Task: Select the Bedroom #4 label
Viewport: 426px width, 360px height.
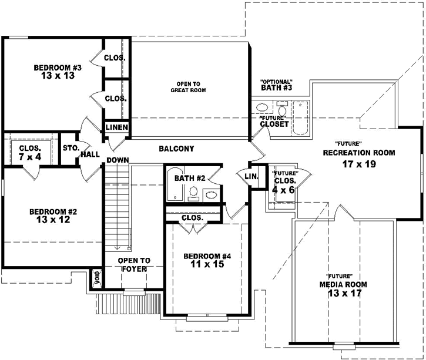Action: pyautogui.click(x=203, y=256)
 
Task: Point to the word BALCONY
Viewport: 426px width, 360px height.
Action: pyautogui.click(x=176, y=149)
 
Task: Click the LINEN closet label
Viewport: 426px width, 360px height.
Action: pyautogui.click(x=118, y=127)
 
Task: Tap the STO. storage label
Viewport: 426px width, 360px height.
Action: pyautogui.click(x=71, y=147)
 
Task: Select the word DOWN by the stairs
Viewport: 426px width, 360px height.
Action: pyautogui.click(x=118, y=160)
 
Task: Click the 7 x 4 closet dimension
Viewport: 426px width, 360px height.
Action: pyautogui.click(x=29, y=157)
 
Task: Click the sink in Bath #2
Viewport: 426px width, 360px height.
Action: pyautogui.click(x=210, y=193)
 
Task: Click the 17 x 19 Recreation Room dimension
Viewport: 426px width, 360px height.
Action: pyautogui.click(x=359, y=164)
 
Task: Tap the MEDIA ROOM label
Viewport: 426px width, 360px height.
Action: pyautogui.click(x=343, y=284)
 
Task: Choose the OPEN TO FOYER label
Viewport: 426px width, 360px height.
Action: pyautogui.click(x=134, y=265)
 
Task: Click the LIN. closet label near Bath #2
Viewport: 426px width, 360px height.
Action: pyautogui.click(x=250, y=176)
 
